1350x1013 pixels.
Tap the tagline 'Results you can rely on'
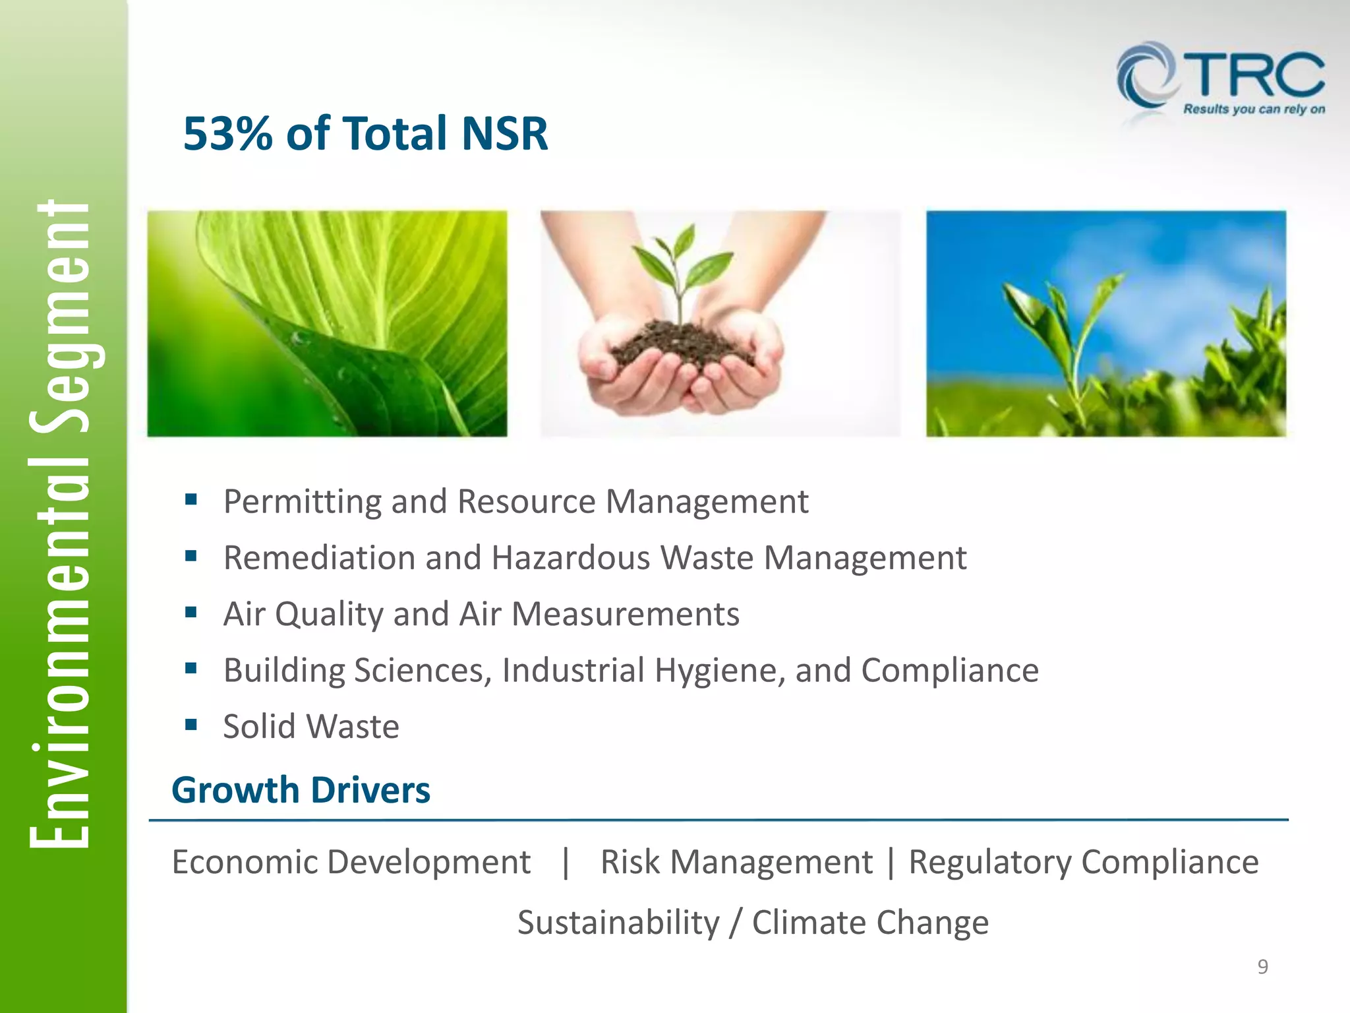1254,109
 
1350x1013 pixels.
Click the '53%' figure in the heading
228,134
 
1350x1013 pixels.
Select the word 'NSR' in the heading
504,134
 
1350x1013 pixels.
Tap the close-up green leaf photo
327,323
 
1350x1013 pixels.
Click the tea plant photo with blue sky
1105,323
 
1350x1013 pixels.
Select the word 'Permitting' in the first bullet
302,502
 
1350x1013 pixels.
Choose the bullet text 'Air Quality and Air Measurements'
481,614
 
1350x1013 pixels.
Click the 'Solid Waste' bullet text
311,727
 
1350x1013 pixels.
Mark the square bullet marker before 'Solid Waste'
191,725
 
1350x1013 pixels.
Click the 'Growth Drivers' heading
301,790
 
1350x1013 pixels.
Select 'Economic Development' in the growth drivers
351,862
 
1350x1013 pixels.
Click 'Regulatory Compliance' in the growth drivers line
1083,862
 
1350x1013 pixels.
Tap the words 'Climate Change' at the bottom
870,922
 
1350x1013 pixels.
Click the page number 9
1262,967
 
